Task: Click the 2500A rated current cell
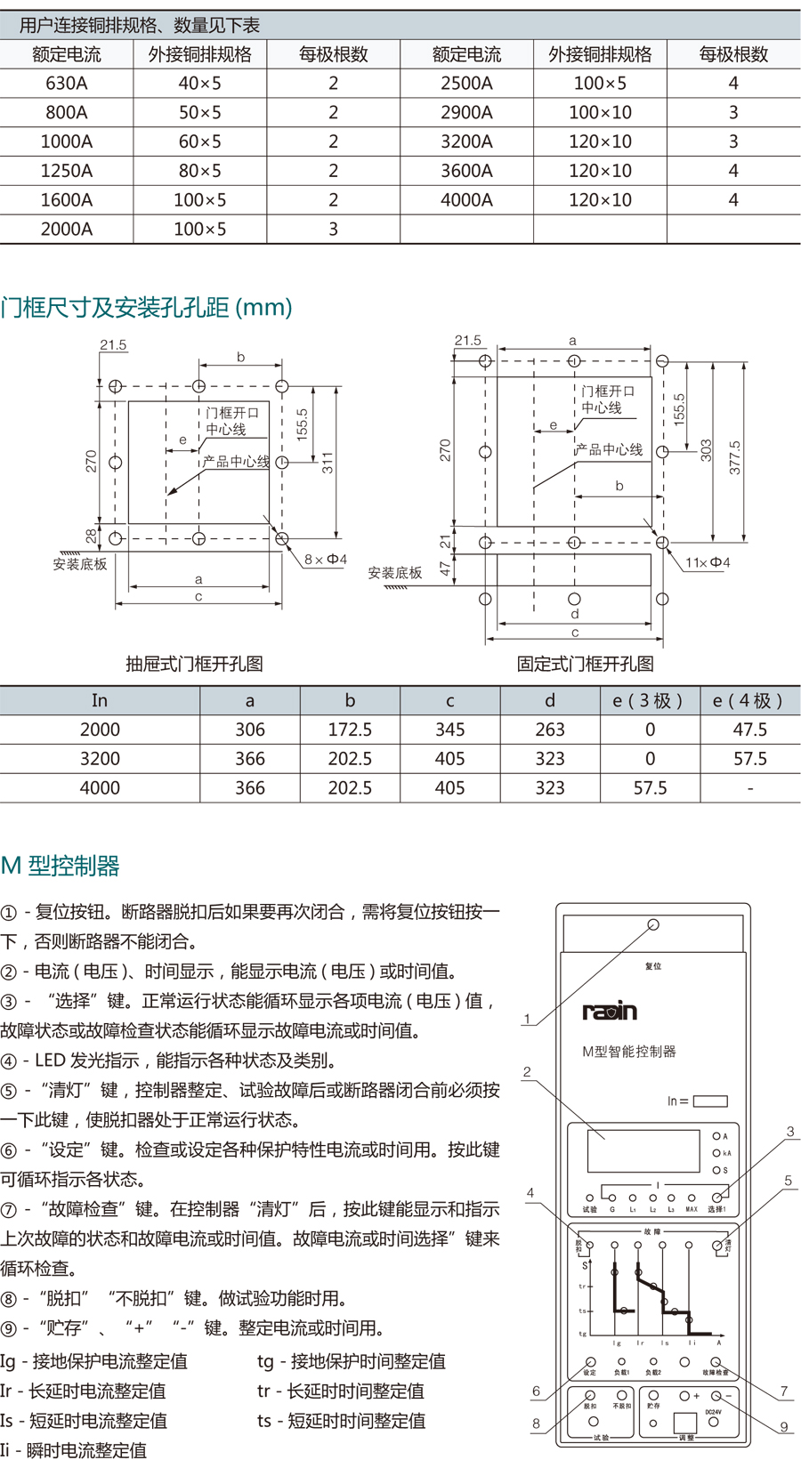(x=466, y=84)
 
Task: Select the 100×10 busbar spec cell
(x=600, y=113)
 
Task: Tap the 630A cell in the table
(x=67, y=84)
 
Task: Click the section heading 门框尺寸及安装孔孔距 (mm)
(x=147, y=308)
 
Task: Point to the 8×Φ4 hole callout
(x=325, y=560)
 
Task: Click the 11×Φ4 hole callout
(x=708, y=562)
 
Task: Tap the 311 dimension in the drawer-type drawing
(x=328, y=463)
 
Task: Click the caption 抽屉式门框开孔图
(x=194, y=664)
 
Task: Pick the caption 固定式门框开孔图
(x=586, y=664)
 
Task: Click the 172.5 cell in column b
(x=350, y=730)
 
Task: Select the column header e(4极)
(x=748, y=701)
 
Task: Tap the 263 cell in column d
(x=550, y=730)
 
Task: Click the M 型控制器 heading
(x=61, y=866)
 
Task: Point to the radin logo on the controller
(x=610, y=1011)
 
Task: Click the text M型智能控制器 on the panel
(x=629, y=1052)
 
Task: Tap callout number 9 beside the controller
(x=784, y=1427)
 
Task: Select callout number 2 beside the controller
(x=527, y=1072)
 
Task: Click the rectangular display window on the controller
(x=643, y=1150)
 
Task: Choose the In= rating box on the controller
(x=710, y=1101)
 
